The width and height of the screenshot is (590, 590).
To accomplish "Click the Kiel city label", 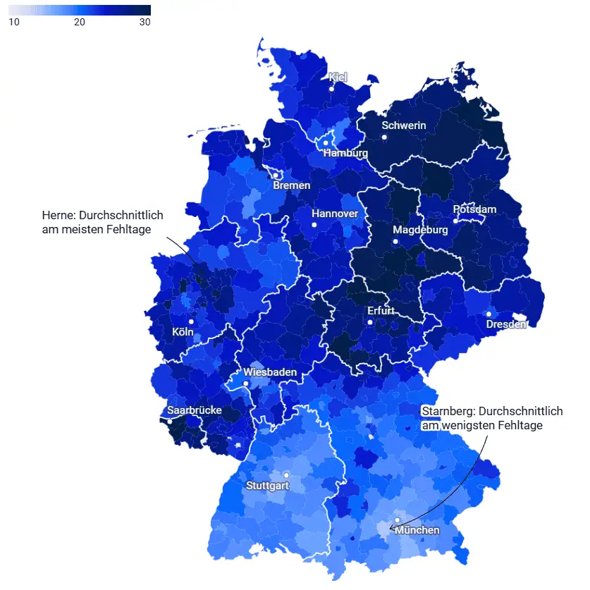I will point(338,77).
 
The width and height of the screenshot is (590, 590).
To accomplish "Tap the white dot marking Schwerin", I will point(385,137).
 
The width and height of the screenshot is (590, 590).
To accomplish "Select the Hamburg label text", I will point(345,153).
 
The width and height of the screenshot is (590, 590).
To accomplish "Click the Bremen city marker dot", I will point(276,176).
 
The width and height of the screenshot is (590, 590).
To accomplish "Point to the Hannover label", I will point(335,214).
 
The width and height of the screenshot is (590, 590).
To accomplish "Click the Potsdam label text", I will point(474,209).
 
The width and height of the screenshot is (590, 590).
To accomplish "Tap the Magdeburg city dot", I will point(396,242).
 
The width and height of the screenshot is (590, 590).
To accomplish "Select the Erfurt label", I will point(381,311).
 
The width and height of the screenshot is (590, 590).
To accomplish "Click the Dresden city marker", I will point(488,314).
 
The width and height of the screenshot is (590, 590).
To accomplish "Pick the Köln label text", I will point(183,332).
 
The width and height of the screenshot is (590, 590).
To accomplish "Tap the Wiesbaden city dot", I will point(246,383).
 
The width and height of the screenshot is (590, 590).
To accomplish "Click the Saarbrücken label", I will point(194,410).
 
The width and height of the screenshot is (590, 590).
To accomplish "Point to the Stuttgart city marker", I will point(286,475).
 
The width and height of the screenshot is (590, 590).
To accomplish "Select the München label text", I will point(417,530).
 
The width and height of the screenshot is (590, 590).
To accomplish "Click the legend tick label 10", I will point(13,22).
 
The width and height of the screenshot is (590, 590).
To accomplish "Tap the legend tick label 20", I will point(80,22).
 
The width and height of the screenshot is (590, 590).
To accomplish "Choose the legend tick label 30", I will point(145,22).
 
